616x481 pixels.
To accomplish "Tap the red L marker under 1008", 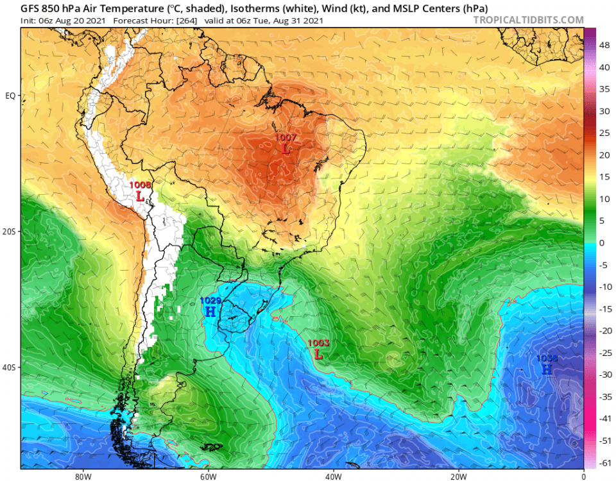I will [139, 196].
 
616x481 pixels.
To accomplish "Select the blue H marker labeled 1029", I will [210, 312].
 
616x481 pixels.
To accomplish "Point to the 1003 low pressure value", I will [318, 343].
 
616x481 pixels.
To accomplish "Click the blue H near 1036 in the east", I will [546, 370].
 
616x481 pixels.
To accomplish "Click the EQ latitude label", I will [10, 96].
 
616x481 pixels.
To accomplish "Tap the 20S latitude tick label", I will [10, 232].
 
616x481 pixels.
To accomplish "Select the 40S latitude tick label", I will [10, 367].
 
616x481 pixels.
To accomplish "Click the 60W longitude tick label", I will [208, 476].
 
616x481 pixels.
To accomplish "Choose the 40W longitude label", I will [333, 476].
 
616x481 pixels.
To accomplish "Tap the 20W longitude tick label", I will [458, 476].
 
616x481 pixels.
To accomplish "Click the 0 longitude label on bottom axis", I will [583, 476].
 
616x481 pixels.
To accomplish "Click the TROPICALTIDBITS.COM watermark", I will [528, 20].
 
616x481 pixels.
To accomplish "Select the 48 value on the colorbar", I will [604, 46].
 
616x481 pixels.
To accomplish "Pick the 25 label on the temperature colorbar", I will [604, 133].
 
